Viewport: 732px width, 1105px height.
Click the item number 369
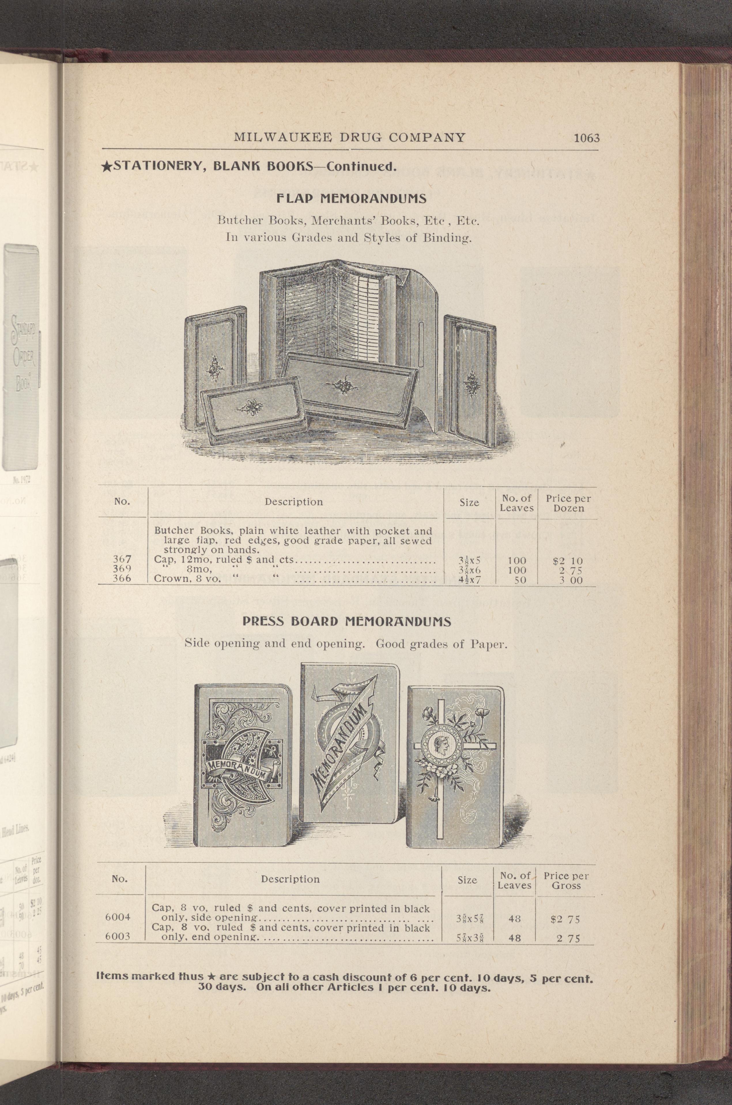coord(122,570)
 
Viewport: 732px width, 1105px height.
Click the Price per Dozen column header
coord(569,504)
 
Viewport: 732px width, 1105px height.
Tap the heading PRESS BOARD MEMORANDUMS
coord(347,622)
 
